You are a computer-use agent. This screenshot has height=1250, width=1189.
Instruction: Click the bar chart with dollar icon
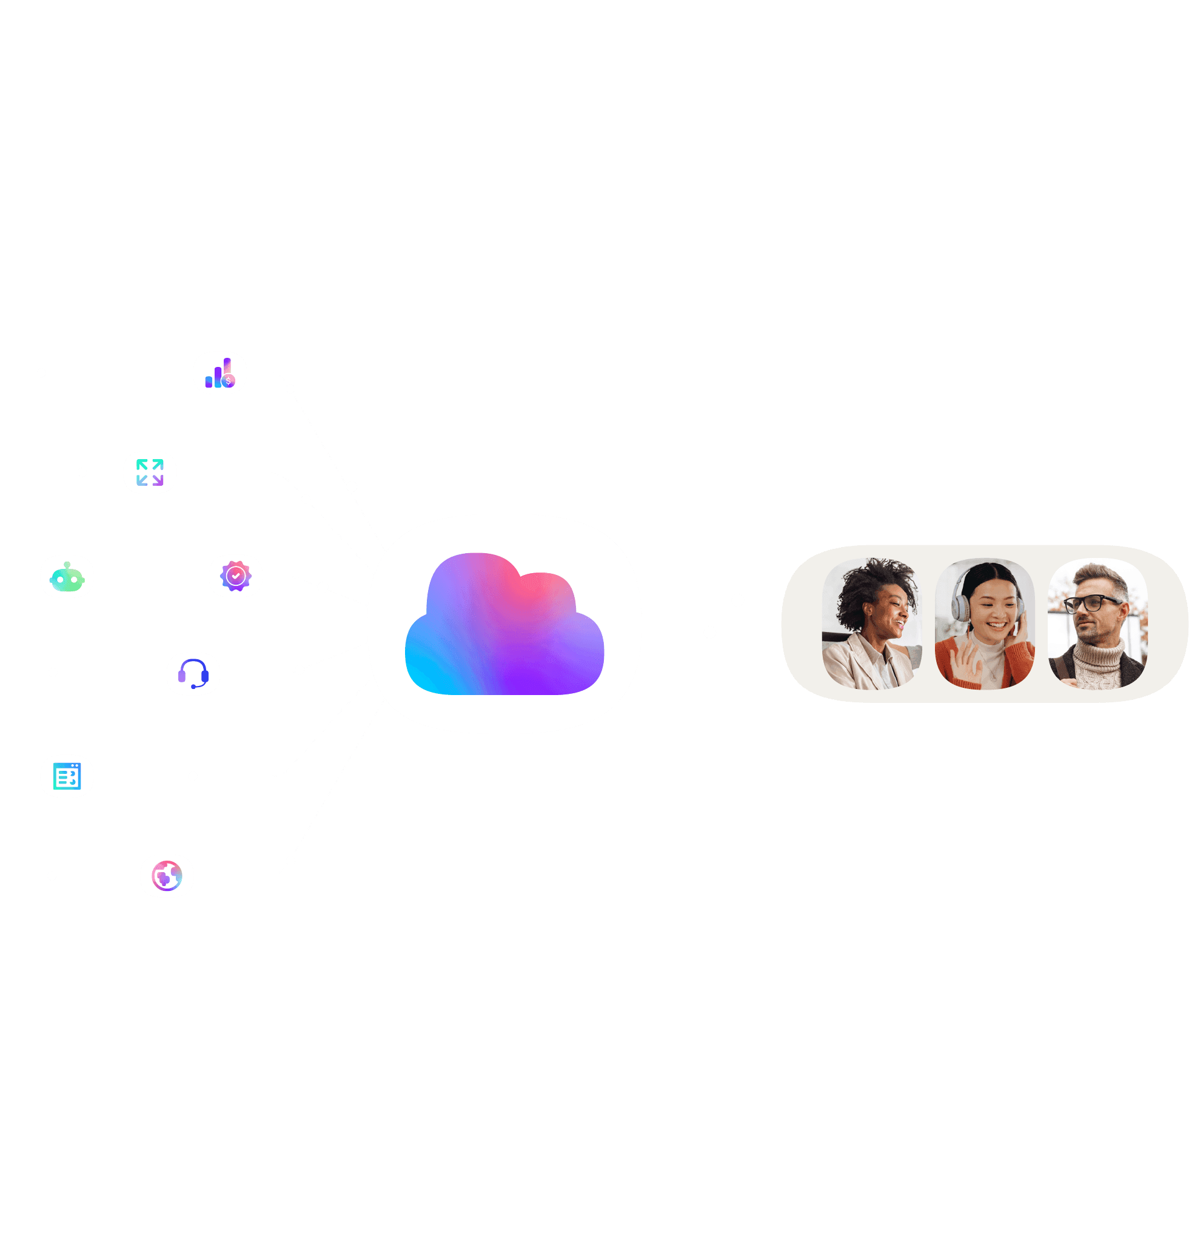click(219, 374)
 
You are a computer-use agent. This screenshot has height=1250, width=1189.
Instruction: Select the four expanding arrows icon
click(150, 472)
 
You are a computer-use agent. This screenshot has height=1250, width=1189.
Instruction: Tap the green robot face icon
click(67, 577)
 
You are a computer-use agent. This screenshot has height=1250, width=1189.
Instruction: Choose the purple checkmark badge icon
click(236, 576)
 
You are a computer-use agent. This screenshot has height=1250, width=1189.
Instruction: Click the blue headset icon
click(193, 673)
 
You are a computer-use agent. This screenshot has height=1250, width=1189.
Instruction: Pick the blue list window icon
click(67, 776)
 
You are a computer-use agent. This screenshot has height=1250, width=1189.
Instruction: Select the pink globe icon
click(167, 876)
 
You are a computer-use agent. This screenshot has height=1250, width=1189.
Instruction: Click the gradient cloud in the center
click(504, 624)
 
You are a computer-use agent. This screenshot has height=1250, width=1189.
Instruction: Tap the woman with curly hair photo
click(872, 623)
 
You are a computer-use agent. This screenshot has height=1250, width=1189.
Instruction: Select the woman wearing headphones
click(985, 623)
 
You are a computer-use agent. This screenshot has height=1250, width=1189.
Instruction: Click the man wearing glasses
click(1097, 623)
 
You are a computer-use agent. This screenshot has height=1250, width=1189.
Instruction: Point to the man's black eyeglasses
click(1091, 603)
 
